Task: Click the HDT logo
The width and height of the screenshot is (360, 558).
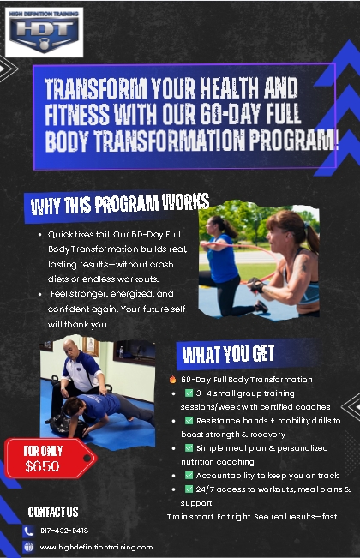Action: pos(44,33)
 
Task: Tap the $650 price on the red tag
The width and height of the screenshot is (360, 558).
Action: pos(42,465)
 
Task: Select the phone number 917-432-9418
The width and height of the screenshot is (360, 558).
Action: pos(64,531)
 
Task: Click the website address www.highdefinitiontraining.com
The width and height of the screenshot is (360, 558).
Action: pos(96,547)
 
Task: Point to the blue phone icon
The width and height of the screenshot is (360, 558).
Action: pos(28,531)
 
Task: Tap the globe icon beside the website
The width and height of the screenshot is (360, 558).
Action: pos(28,547)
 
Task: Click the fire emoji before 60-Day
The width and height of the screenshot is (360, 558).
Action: pos(172,380)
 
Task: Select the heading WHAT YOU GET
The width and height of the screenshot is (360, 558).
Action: pos(228,354)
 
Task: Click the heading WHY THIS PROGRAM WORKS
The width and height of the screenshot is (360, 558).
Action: pos(120,204)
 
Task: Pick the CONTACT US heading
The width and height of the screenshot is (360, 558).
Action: pos(53,512)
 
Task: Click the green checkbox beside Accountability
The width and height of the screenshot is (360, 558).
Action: pos(189,475)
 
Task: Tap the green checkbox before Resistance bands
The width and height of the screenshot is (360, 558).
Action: pos(189,420)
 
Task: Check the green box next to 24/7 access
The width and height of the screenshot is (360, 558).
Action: pos(189,489)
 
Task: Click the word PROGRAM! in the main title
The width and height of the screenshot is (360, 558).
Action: pos(294,141)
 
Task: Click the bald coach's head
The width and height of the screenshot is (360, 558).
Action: pos(70,348)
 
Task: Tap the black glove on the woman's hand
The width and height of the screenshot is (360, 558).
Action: pos(256,285)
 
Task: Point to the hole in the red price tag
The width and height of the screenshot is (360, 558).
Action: pos(87,459)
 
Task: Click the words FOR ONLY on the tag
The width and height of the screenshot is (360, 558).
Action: pos(43,451)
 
